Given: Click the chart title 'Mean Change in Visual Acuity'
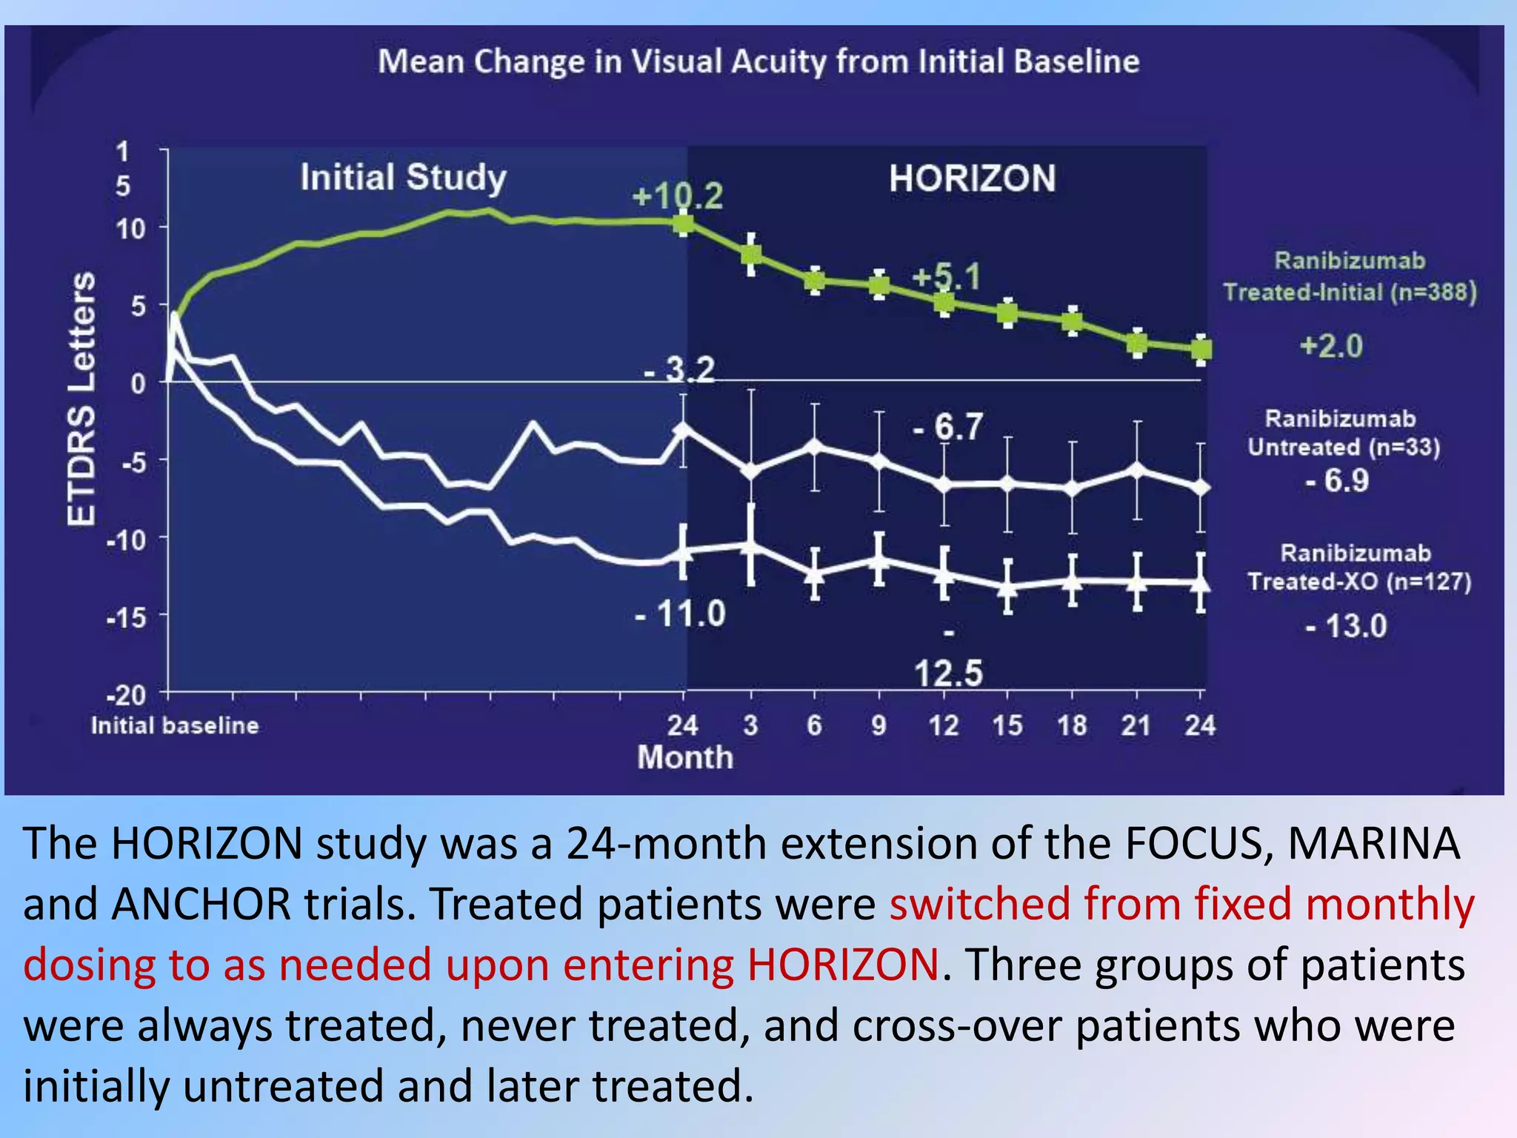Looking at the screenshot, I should point(758,61).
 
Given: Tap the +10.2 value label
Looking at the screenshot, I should point(677,196).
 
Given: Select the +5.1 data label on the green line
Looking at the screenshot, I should point(947,277).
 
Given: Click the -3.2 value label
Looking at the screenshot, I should point(679,369).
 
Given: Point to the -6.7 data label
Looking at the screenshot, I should point(948,427).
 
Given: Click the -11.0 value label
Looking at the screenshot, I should point(680,613).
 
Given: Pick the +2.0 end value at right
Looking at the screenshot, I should point(1331,346).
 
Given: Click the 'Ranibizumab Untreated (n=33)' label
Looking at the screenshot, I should point(1343,433).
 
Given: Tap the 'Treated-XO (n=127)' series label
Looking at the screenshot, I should point(1358,582).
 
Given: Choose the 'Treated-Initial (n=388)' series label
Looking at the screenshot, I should point(1350,292).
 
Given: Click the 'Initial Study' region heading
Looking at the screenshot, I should point(403,178).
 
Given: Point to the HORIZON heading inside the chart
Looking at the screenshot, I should point(972,179).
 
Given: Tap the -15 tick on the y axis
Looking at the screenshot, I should point(127,617).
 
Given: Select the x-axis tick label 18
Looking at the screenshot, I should point(1072,725).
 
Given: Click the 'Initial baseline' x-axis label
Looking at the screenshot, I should point(175,725).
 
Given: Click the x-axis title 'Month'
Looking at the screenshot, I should point(685,758).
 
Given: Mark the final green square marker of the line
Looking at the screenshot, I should point(1201,349).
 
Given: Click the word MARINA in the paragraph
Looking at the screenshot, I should point(1373,843).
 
